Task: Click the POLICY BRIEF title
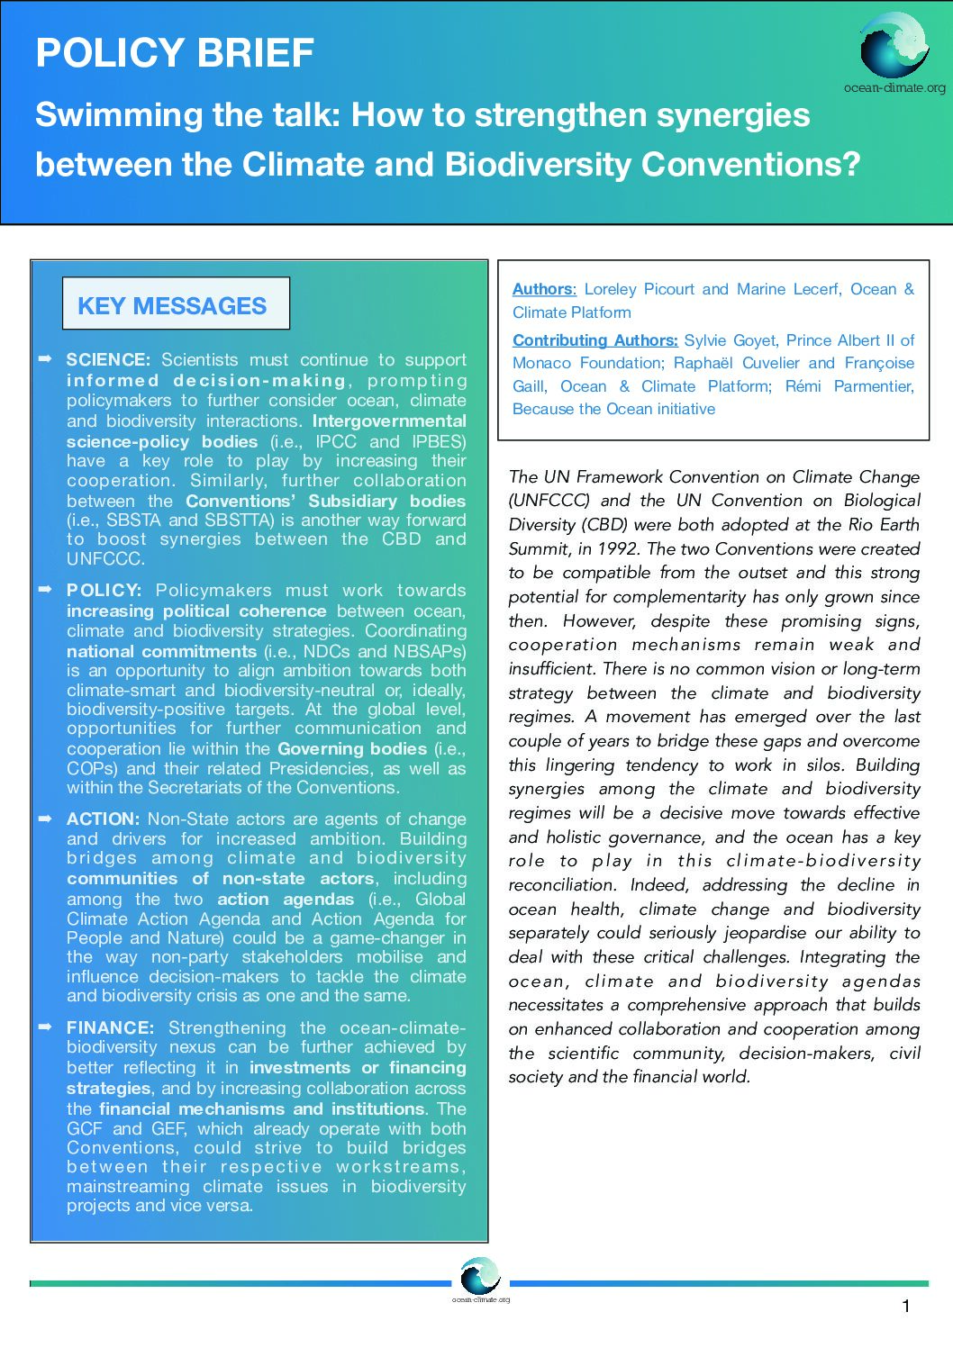pyautogui.click(x=175, y=54)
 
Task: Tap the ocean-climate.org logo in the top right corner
pyautogui.click(x=894, y=47)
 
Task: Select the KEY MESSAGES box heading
pyautogui.click(x=173, y=306)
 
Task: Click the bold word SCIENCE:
pyautogui.click(x=108, y=360)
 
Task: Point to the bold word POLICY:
pyautogui.click(x=104, y=591)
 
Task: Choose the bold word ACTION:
pyautogui.click(x=103, y=819)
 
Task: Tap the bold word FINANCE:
pyautogui.click(x=111, y=1028)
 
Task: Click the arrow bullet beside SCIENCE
pyautogui.click(x=46, y=359)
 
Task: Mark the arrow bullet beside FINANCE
pyautogui.click(x=46, y=1027)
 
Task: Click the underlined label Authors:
pyautogui.click(x=544, y=289)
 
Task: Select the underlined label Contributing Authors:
pyautogui.click(x=595, y=340)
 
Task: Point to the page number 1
pyautogui.click(x=906, y=1307)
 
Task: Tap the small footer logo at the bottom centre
pyautogui.click(x=480, y=1278)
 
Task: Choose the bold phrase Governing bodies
pyautogui.click(x=352, y=749)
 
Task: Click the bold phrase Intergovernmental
pyautogui.click(x=389, y=421)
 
